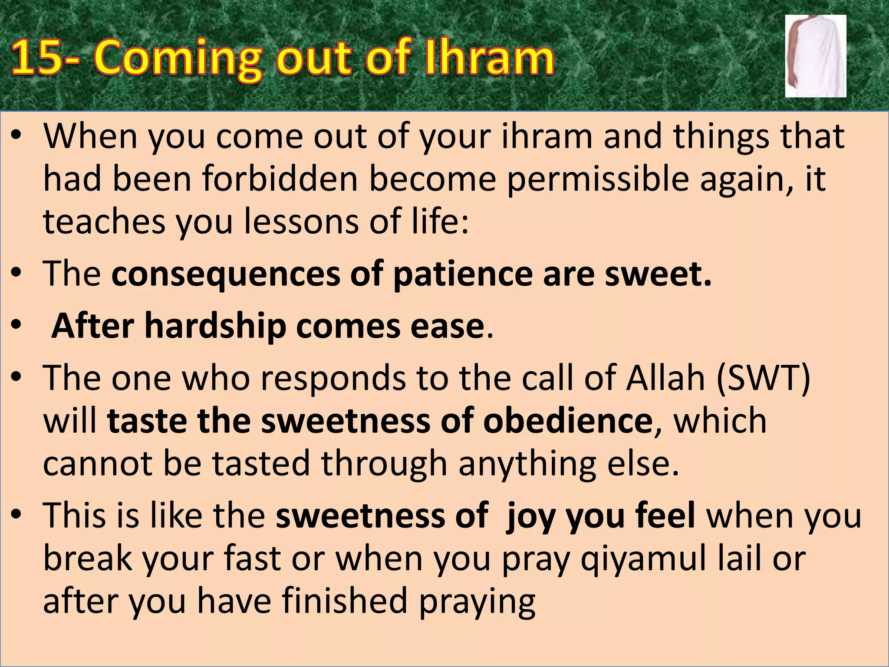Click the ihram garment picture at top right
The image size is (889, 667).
click(815, 56)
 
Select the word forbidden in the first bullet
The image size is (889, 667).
click(280, 179)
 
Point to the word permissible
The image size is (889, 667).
click(598, 179)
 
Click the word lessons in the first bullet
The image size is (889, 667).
click(301, 221)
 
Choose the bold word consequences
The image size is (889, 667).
click(226, 274)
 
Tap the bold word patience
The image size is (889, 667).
click(463, 274)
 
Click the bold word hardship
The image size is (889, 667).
click(215, 326)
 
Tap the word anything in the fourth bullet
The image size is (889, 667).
click(527, 464)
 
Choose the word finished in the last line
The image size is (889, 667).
click(345, 601)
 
